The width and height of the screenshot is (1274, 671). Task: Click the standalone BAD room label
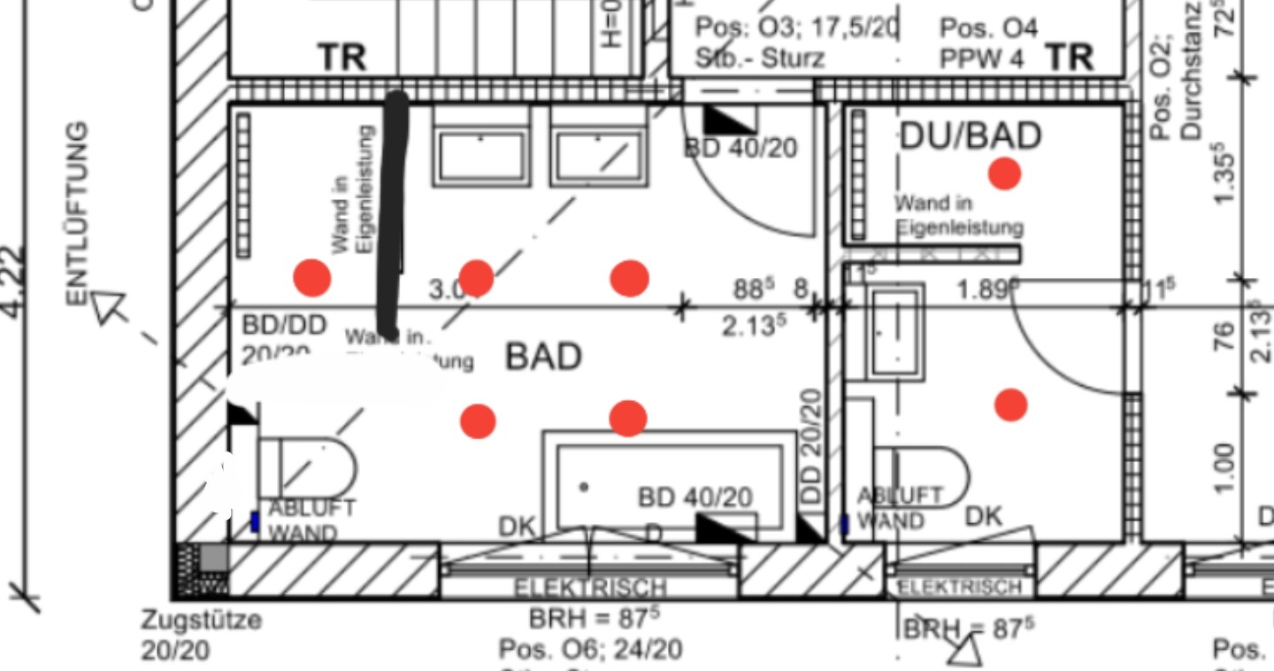point(543,357)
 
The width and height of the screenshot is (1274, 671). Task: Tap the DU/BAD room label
point(970,135)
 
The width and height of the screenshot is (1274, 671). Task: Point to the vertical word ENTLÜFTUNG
point(79,212)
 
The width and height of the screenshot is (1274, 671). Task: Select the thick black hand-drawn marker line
point(391,212)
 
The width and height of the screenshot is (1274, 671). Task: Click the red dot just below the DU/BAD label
point(1004,174)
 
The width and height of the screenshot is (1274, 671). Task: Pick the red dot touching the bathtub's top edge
point(627,418)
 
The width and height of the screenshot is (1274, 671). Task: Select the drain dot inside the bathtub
point(584,487)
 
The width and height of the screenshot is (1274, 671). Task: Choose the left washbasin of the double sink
point(480,157)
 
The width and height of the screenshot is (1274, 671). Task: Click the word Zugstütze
point(202,620)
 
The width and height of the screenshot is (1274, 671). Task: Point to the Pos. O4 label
point(988,28)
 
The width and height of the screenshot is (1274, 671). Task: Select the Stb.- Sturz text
point(760,58)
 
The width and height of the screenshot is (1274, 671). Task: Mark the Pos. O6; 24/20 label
point(590,650)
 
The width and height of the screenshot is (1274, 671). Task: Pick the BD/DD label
point(284,325)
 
